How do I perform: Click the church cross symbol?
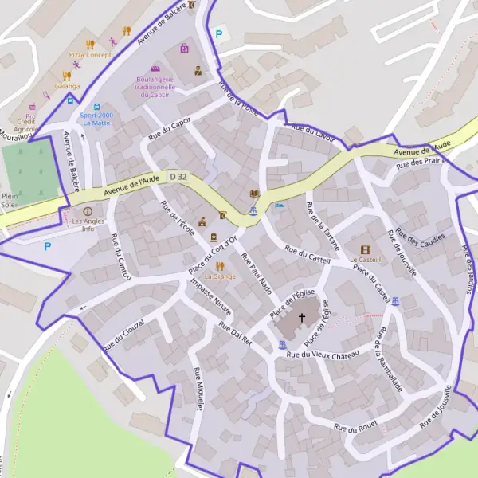tap(302, 318)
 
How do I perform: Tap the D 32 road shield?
tap(178, 177)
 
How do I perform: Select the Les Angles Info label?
tap(88, 225)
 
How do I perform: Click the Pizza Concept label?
tap(90, 55)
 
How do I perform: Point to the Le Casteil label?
tap(366, 260)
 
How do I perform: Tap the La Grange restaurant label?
tap(220, 276)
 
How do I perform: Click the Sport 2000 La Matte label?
tap(96, 119)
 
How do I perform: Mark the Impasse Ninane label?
tap(206, 304)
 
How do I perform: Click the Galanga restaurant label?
tap(68, 86)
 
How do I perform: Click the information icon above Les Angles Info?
tap(88, 212)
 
